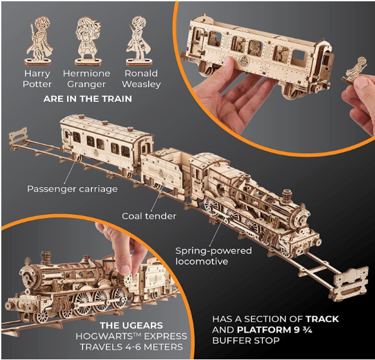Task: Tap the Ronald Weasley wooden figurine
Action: [139, 41]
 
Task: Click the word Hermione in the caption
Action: [86, 74]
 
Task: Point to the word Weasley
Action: [141, 85]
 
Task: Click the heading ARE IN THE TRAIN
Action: [88, 99]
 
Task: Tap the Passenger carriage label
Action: [72, 189]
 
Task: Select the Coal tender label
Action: [149, 216]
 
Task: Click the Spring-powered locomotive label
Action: [213, 256]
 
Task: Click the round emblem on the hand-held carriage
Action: [244, 59]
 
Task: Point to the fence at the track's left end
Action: [17, 137]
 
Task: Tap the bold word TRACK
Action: [322, 319]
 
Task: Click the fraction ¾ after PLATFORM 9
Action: [307, 330]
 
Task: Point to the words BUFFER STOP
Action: [246, 341]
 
